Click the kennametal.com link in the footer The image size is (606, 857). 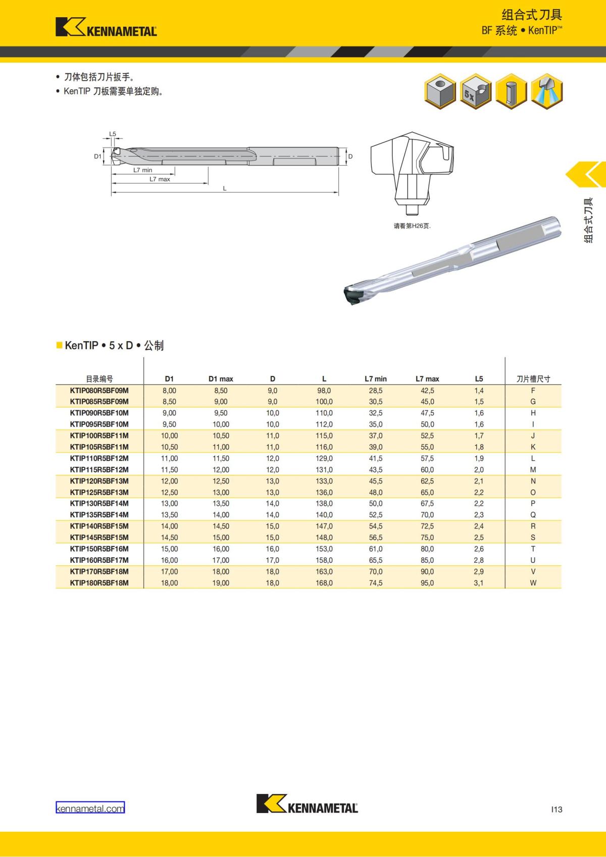tap(90, 809)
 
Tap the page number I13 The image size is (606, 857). tap(557, 809)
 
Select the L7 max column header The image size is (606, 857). tap(427, 379)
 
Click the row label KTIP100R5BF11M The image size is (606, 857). tap(99, 436)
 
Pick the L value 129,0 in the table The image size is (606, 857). tap(324, 458)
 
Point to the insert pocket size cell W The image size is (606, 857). tap(533, 582)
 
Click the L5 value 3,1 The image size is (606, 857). tap(479, 582)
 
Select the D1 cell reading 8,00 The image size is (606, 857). tap(169, 391)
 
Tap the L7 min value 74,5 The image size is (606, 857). tap(376, 582)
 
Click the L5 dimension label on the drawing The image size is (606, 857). tap(113, 134)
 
